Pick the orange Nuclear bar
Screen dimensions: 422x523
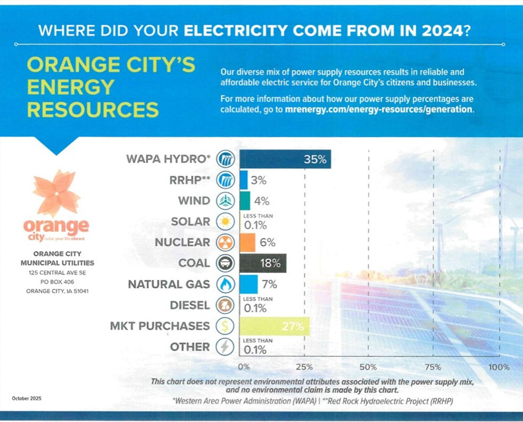tap(248, 243)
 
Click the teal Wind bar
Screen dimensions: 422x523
tap(245, 201)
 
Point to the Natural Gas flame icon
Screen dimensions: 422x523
tap(225, 284)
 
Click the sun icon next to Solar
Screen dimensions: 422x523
tap(225, 222)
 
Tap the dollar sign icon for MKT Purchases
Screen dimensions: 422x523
tap(225, 326)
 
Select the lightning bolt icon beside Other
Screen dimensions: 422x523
tap(225, 347)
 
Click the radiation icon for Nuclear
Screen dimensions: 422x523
tap(225, 243)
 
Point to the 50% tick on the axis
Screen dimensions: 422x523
tap(368, 367)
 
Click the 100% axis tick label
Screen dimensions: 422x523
tap(499, 367)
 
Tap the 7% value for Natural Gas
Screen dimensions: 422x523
tap(269, 284)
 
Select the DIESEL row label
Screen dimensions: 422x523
tap(190, 305)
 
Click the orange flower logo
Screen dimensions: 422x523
tap(56, 193)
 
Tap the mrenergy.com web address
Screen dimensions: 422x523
tap(378, 110)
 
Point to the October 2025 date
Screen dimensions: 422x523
tap(26, 398)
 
